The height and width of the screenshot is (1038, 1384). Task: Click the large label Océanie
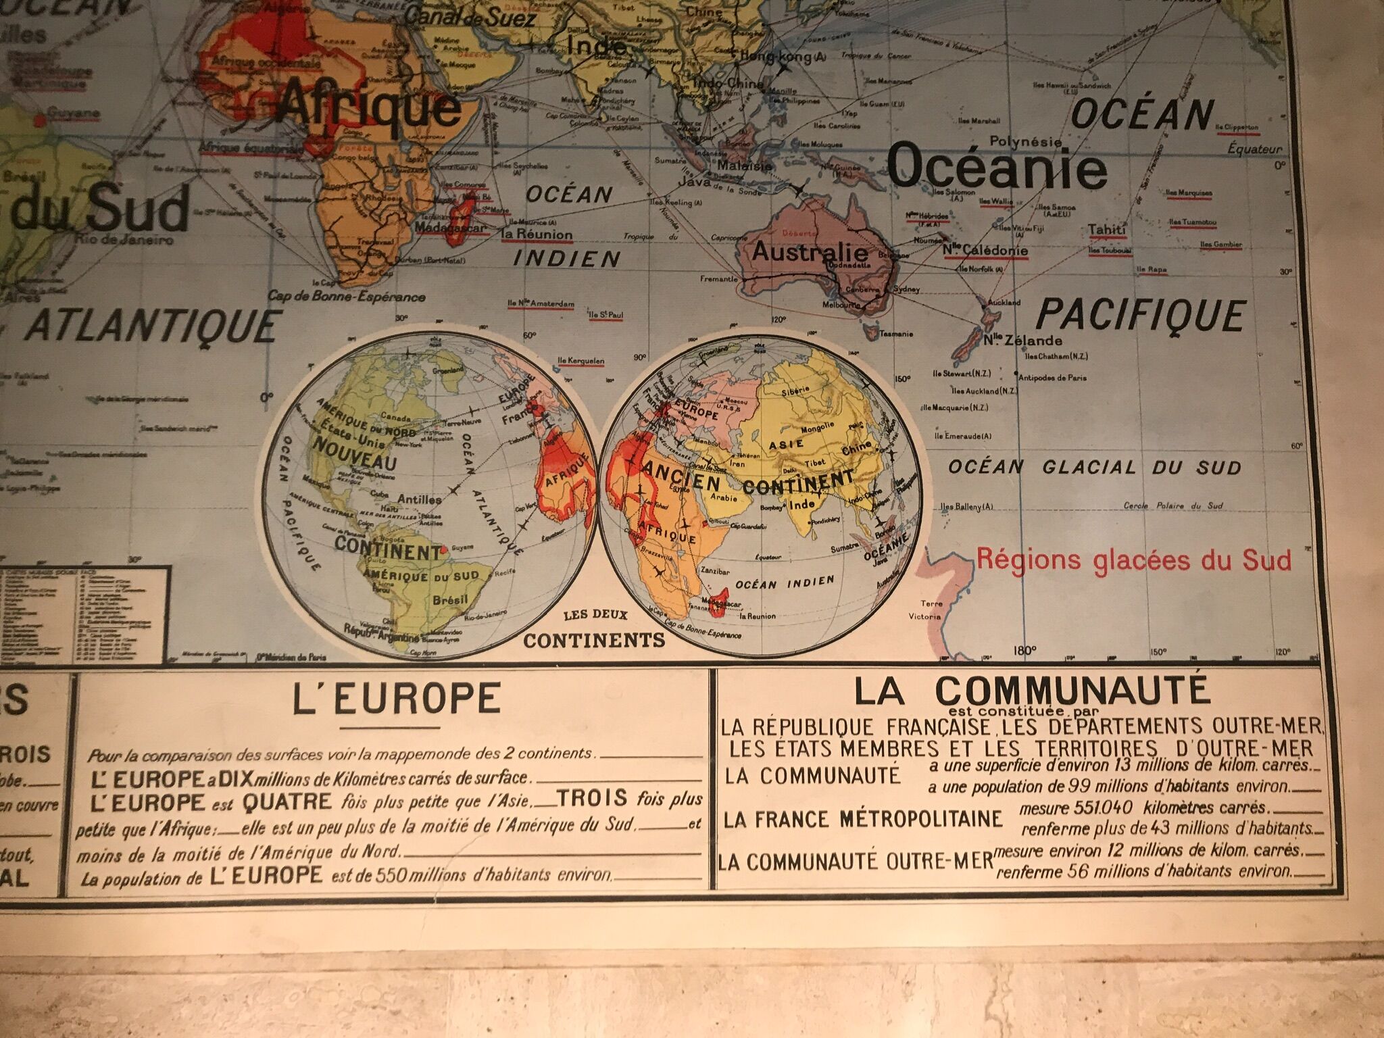point(997,169)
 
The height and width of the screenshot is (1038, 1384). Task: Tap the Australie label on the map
point(809,252)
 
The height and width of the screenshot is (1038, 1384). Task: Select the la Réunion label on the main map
point(537,234)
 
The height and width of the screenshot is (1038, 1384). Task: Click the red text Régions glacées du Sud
point(1134,560)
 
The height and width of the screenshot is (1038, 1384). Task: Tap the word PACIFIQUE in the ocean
point(1141,316)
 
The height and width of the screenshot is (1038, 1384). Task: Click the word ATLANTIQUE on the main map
point(152,326)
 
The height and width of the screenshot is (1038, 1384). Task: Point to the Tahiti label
point(1107,230)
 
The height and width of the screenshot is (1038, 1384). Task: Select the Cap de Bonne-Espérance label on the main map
point(347,296)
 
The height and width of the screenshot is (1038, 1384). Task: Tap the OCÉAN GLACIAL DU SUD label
point(1094,467)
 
